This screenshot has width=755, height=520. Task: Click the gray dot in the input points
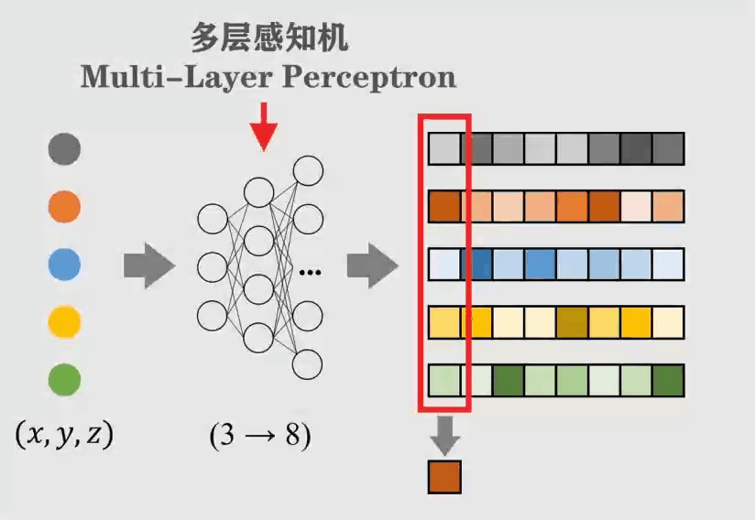(64, 148)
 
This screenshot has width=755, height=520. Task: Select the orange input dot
(64, 207)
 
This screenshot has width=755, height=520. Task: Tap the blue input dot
(64, 265)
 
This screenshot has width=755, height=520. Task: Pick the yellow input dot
(64, 321)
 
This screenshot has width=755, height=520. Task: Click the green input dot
(64, 379)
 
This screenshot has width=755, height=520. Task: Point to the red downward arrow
(264, 126)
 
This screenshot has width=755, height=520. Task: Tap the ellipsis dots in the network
(310, 271)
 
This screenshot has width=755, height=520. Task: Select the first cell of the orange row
(444, 206)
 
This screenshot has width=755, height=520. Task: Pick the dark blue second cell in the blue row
(476, 265)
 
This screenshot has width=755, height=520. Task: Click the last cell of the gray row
(669, 148)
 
